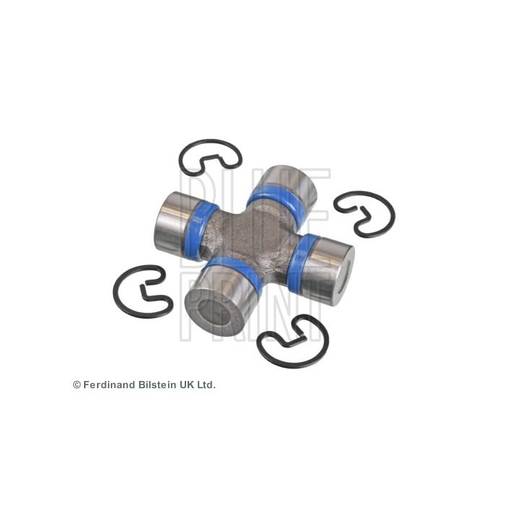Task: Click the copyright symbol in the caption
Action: point(77,385)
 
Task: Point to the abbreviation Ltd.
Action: point(206,385)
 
